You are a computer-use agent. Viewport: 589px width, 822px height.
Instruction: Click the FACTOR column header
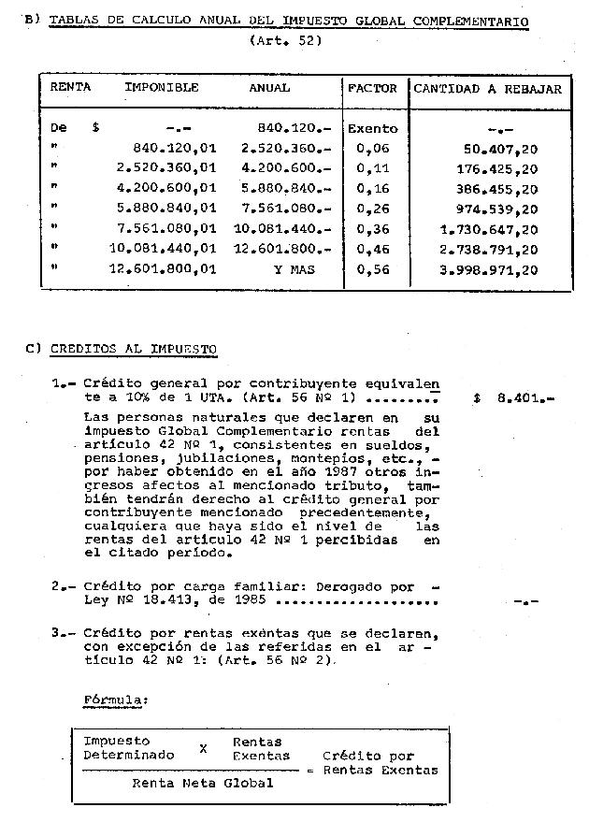click(372, 89)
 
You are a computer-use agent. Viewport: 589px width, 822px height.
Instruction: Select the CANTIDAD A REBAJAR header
click(488, 89)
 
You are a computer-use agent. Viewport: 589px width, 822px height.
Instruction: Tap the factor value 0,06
click(371, 149)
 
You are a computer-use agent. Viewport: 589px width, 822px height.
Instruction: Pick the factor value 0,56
click(371, 270)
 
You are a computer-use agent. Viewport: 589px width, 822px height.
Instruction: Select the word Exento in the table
click(372, 129)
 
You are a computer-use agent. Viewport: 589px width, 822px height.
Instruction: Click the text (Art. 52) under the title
click(286, 40)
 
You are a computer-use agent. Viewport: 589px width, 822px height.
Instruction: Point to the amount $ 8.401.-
click(513, 397)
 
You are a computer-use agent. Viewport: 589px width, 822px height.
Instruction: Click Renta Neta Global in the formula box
click(203, 783)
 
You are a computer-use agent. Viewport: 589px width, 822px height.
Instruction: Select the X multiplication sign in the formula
click(203, 748)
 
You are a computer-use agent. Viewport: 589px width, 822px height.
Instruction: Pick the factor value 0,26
click(371, 209)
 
